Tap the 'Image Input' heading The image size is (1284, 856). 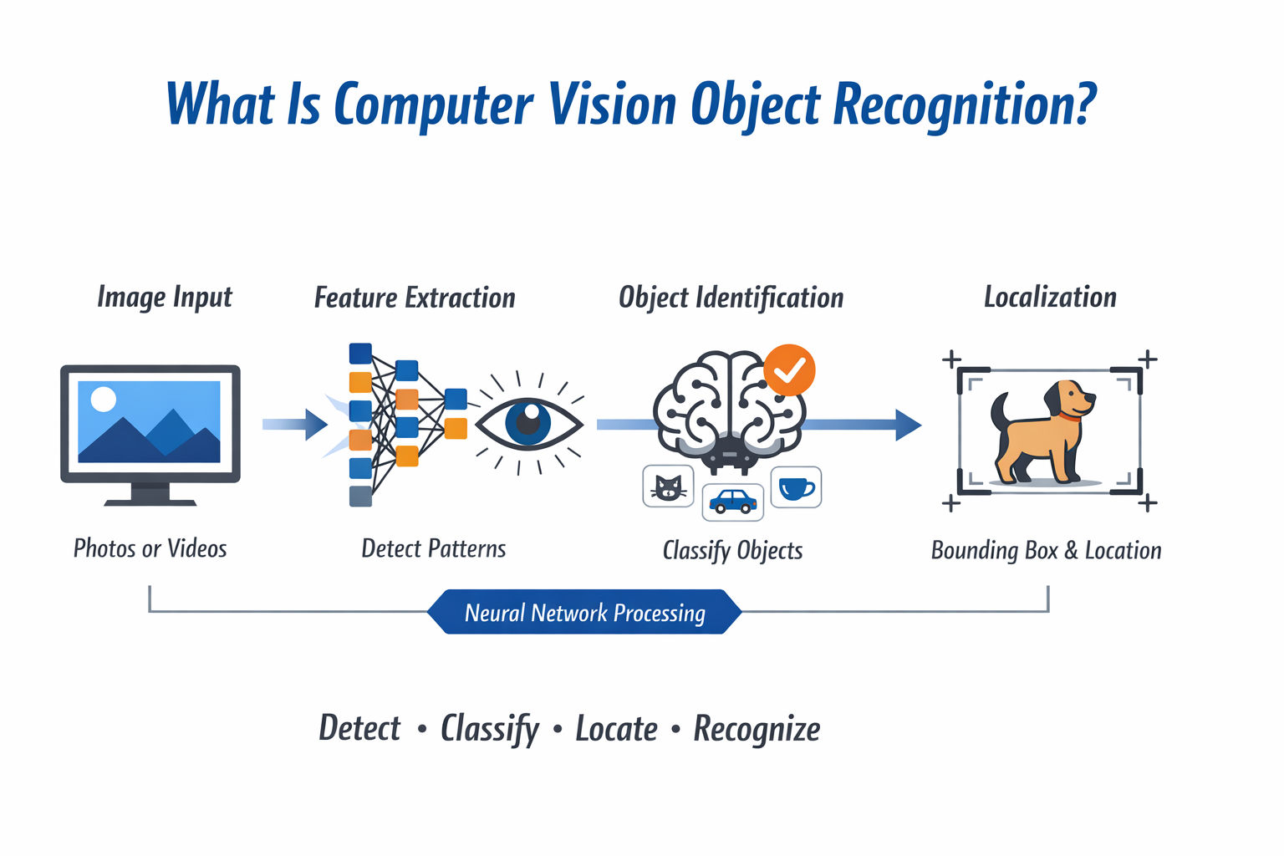click(165, 297)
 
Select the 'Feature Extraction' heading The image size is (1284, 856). click(415, 298)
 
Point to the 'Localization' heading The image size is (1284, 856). click(1050, 297)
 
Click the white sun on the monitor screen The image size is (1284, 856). click(103, 400)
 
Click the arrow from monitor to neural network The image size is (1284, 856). click(294, 425)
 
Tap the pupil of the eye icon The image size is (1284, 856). click(528, 421)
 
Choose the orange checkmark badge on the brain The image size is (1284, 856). click(789, 369)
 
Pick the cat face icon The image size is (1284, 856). click(668, 487)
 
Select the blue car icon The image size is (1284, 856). click(732, 502)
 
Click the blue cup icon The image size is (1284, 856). click(795, 487)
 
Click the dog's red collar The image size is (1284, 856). click(1069, 415)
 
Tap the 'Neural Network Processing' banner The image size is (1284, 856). click(584, 613)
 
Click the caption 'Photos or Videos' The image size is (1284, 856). click(150, 548)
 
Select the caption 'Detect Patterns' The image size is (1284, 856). click(433, 548)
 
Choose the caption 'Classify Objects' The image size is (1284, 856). click(732, 550)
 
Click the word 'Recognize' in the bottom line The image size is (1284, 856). click(757, 729)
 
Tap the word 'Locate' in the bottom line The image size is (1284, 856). click(616, 729)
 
